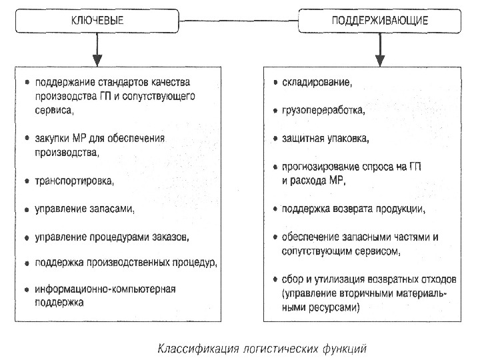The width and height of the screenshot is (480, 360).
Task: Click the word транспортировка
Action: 74,181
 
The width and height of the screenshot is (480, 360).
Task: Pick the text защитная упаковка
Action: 325,138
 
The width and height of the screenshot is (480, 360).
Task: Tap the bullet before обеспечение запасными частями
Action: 275,237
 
